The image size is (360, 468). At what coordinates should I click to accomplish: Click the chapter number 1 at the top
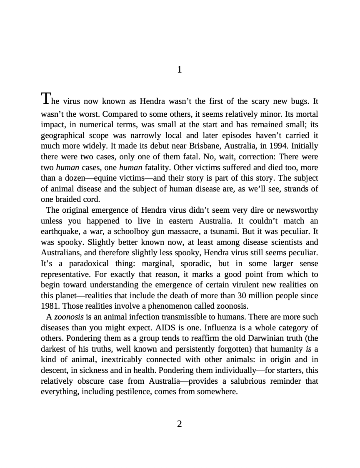180,70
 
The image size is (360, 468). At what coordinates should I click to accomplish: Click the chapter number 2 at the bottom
180,424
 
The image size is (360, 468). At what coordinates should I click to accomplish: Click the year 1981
49,307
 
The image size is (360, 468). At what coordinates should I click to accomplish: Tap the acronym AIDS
171,327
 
